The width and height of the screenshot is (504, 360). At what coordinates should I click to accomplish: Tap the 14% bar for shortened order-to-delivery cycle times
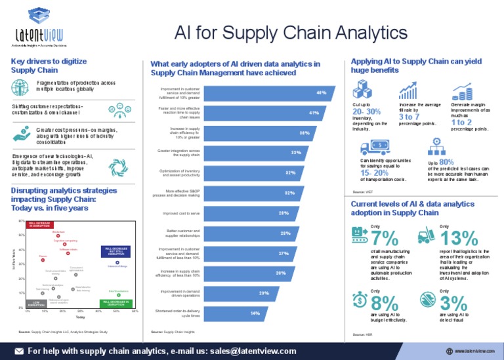[x=243, y=313]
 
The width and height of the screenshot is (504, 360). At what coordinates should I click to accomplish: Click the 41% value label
[x=314, y=113]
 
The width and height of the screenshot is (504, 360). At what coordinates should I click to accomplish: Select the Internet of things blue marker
[x=117, y=262]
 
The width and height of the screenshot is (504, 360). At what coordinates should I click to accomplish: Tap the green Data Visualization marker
[x=118, y=294]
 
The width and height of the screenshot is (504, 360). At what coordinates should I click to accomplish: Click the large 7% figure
[x=384, y=237]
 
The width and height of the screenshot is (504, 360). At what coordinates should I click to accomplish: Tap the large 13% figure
[x=460, y=237]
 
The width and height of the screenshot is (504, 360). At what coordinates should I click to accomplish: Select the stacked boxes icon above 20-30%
[x=364, y=89]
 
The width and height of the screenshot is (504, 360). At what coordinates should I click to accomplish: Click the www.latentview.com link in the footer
[x=474, y=351]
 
